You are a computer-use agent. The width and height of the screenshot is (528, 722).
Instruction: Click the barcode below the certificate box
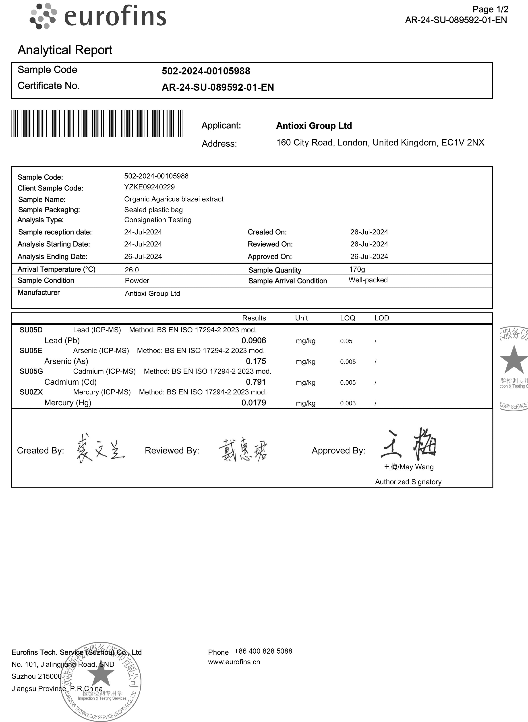pos(97,124)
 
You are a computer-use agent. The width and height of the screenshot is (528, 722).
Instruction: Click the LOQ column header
pos(347,318)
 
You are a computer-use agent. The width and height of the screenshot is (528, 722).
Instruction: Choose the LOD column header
pos(382,318)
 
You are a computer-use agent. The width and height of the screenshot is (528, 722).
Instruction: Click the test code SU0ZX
pos(31,392)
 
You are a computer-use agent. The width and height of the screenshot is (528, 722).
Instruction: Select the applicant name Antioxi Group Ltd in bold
pos(314,126)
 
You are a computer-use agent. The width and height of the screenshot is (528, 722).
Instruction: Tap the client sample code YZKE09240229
pos(149,187)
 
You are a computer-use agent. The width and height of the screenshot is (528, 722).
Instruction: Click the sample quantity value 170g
pos(357,269)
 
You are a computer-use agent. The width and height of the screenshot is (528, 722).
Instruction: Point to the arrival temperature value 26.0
pos(132,270)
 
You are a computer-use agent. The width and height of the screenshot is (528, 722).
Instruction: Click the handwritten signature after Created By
pos(100,449)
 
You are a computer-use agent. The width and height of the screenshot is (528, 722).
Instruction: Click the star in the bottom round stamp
pos(101,674)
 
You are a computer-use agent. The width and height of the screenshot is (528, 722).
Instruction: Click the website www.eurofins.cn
pos(234,662)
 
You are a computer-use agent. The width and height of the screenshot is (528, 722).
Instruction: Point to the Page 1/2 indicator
pos(490,9)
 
